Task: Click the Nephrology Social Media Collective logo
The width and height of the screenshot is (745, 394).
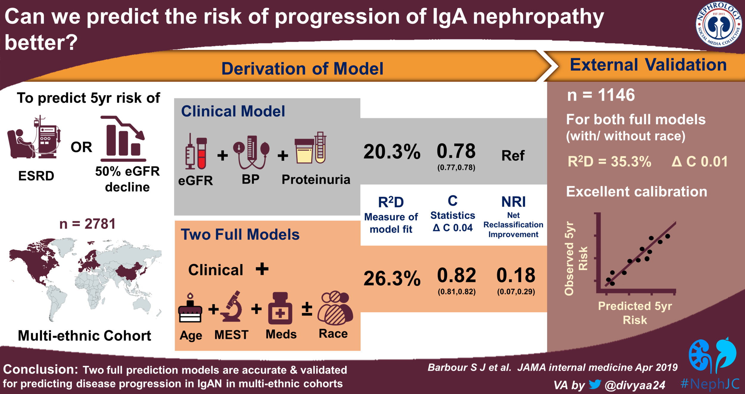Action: [x=718, y=24]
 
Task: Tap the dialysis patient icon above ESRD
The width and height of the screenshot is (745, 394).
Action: [x=34, y=138]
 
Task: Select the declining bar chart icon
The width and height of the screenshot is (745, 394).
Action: [x=123, y=138]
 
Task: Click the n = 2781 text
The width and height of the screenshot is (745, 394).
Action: [x=87, y=224]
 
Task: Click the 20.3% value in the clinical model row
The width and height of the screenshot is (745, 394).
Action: [x=392, y=151]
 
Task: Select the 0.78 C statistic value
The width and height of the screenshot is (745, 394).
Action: [x=456, y=151]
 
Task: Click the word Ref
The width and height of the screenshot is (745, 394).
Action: [x=513, y=156]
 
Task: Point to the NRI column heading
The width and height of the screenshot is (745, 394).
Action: [x=513, y=202]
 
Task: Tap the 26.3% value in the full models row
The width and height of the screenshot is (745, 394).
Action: [x=392, y=278]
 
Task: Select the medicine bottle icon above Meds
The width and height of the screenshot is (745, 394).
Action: [x=280, y=308]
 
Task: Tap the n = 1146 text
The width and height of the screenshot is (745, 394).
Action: [x=601, y=95]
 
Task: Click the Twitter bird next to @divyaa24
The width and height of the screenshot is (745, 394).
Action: [x=595, y=384]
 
